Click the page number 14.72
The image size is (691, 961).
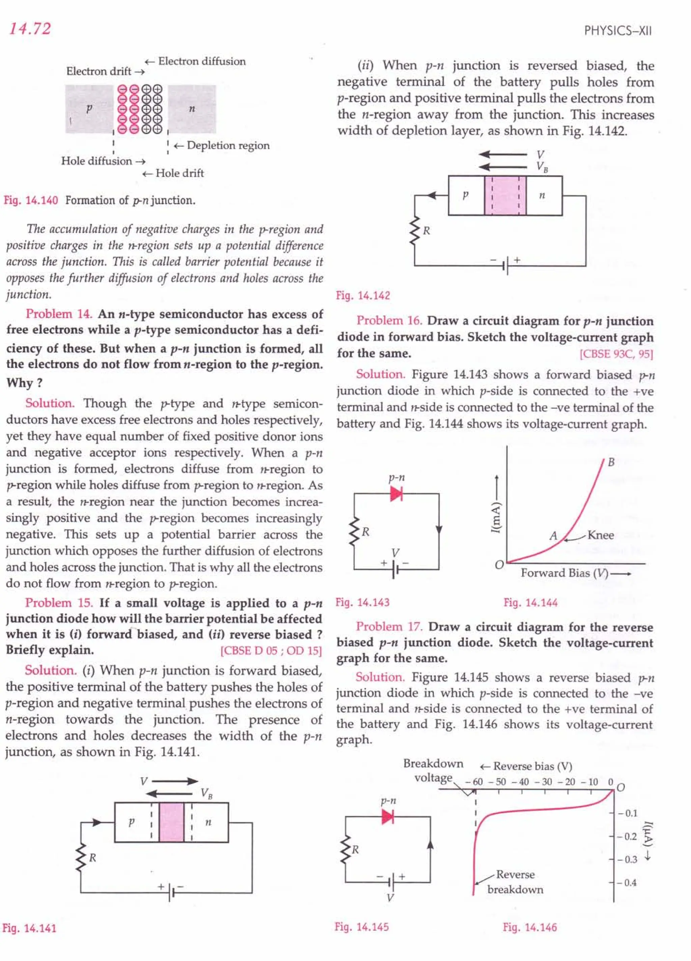pos(30,28)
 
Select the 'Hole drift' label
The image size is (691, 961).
pos(179,173)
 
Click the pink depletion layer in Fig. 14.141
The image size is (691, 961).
pos(172,822)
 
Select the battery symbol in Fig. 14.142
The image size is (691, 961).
pos(506,266)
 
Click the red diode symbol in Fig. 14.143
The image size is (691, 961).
pos(396,493)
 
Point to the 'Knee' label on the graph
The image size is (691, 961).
pos(600,535)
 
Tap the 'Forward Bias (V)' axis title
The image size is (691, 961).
pos(564,573)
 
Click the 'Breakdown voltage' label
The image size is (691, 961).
pos(433,771)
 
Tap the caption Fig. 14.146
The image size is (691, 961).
pos(530,927)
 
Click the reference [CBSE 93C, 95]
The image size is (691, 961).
pos(616,354)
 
